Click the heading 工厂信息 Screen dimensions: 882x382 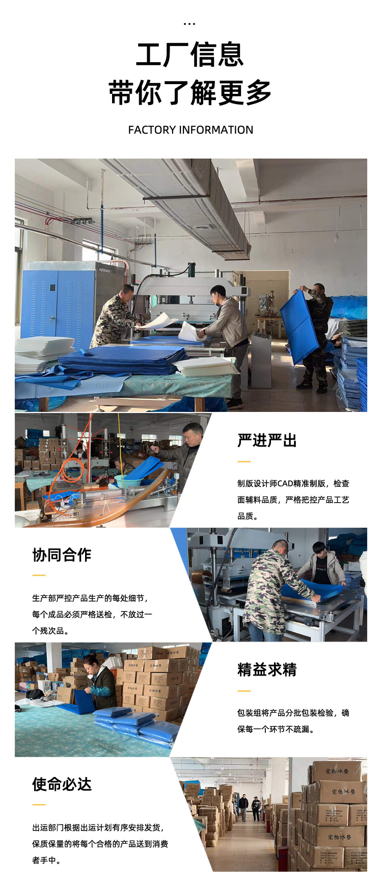click(189, 55)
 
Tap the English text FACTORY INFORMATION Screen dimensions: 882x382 click(190, 130)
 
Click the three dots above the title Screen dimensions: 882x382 click(189, 24)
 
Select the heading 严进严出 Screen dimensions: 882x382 click(267, 440)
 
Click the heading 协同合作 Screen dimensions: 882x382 click(62, 555)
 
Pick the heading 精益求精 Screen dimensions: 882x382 click(267, 669)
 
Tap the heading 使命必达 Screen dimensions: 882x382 click(62, 784)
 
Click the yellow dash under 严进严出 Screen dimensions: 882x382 click(244, 462)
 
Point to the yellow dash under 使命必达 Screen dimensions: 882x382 click(39, 805)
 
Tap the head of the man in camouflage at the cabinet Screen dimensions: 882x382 click(126, 290)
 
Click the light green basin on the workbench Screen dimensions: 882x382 click(126, 481)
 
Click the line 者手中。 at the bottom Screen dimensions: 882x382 click(47, 860)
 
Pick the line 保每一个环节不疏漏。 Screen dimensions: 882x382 click(276, 729)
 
